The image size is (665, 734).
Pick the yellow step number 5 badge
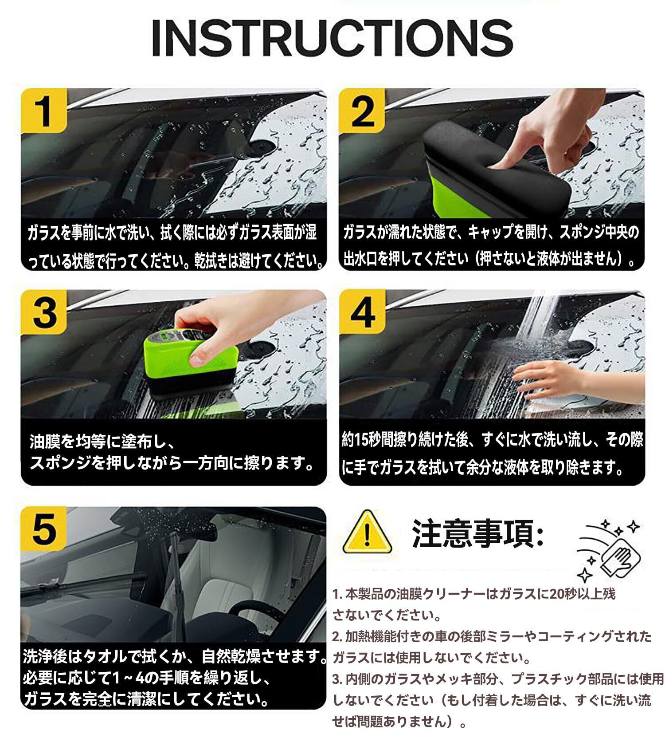click(x=44, y=529)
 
